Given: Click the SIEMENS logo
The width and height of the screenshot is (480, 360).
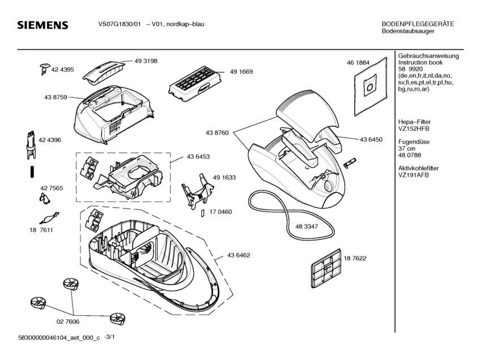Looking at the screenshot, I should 43,26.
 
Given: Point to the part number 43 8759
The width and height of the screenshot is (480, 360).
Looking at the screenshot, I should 56,98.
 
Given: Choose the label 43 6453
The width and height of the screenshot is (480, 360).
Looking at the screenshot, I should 198,156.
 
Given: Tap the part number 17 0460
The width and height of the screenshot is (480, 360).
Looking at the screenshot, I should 220,212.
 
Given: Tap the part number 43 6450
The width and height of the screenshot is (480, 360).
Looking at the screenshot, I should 371,139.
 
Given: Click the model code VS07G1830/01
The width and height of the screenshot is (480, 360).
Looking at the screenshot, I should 115,24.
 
